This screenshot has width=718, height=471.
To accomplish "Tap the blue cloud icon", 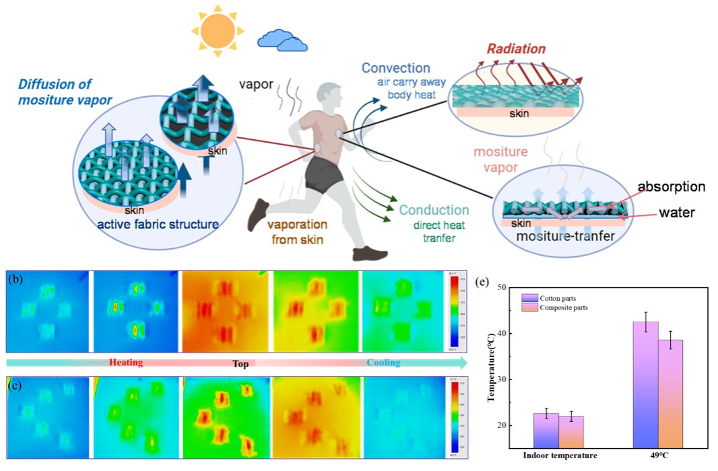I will click(282, 41).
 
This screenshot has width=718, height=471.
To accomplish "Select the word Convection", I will click(395, 68).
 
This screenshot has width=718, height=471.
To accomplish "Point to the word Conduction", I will click(434, 210).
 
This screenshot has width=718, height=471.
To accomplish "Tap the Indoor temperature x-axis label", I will click(560, 456).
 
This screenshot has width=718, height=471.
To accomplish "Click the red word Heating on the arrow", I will click(126, 363).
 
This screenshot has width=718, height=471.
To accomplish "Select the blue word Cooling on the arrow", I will click(383, 363).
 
